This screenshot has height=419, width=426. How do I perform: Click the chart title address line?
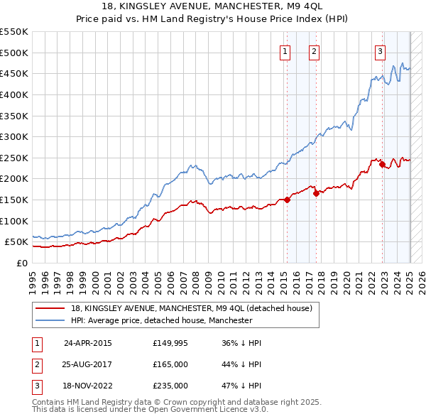213,7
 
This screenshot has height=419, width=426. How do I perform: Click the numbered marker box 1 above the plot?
285,51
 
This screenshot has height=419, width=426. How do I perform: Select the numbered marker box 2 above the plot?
314,51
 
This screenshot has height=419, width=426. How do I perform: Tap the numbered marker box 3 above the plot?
380,51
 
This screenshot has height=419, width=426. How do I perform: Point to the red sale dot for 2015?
288,200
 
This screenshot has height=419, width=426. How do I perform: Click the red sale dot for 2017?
317,193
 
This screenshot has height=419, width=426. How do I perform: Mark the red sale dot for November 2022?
382,164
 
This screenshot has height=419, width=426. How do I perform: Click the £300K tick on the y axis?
15,136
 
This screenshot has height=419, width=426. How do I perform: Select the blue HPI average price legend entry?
161,321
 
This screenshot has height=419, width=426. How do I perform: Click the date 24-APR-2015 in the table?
87,343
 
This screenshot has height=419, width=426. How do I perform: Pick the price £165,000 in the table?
170,364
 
